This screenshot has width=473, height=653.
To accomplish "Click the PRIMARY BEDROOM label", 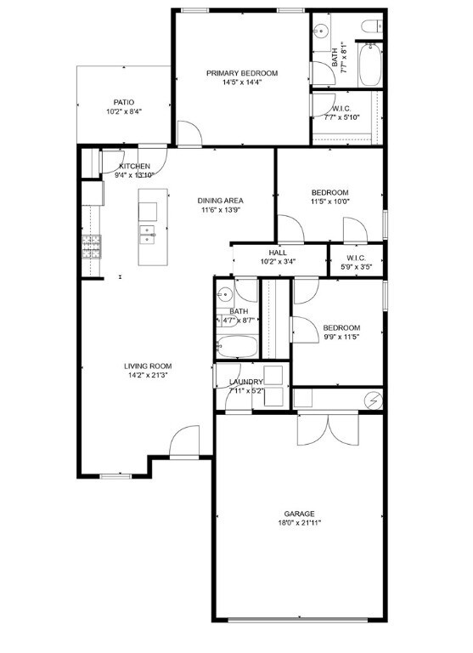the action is [242, 73].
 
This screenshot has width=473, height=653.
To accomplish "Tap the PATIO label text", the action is [124, 102].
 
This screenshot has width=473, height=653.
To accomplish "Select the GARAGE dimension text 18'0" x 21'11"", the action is [300, 523].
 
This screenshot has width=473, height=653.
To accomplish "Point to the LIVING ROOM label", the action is [148, 366].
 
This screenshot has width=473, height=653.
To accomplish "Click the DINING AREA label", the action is [220, 201].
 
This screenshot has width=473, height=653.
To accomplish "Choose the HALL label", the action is [278, 253].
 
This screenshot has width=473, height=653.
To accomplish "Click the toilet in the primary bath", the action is [372, 26].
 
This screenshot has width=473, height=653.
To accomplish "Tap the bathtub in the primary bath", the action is [369, 65].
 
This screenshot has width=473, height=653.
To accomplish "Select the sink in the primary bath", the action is [321, 31].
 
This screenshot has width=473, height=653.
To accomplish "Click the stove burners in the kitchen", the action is [92, 247].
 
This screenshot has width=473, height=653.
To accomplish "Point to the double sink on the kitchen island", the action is [147, 234].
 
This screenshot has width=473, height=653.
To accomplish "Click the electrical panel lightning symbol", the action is [373, 400].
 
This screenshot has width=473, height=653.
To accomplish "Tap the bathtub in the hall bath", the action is [237, 347].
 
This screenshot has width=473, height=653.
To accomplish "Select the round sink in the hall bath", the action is [225, 295].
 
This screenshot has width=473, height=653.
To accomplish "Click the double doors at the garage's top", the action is [328, 429].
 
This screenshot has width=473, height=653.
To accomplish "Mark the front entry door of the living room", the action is [184, 441].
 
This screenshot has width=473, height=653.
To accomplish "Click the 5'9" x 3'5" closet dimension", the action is [356, 267].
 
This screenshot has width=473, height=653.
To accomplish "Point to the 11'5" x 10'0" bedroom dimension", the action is [329, 202].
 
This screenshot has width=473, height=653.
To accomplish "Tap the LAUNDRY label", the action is [246, 382].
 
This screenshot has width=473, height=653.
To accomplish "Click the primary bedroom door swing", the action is [189, 133].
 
